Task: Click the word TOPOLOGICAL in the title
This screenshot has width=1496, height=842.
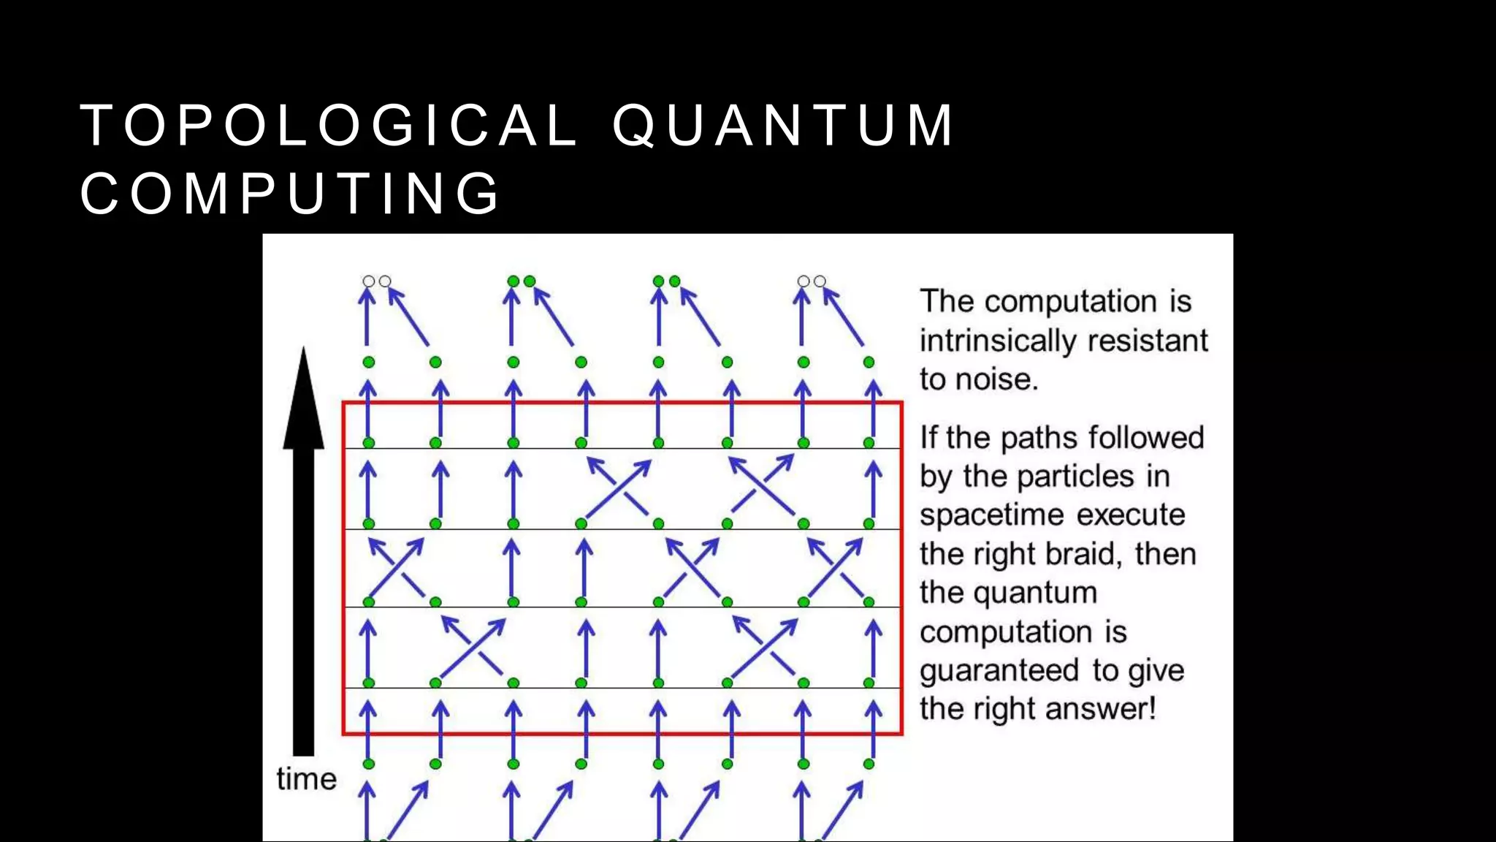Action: tap(329, 126)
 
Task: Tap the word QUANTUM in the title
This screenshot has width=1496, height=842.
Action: tap(783, 126)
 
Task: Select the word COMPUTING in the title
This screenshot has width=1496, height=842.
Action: tap(290, 194)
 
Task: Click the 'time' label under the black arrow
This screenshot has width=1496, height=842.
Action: tap(306, 779)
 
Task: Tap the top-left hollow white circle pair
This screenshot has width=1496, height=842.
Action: tap(377, 281)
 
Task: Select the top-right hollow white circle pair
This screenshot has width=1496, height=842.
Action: tap(812, 281)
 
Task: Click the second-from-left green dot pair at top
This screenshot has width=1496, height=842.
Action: tap(522, 281)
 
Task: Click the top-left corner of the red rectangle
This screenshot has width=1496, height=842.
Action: tap(344, 403)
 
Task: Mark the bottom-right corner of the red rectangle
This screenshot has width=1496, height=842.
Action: tap(902, 733)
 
